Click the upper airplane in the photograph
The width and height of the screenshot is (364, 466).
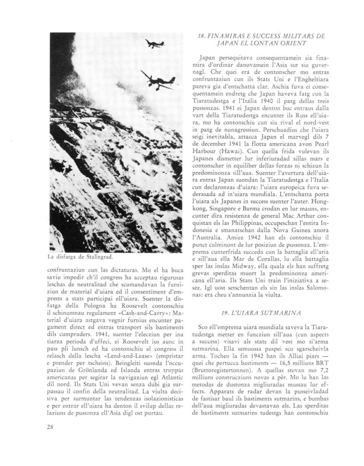tap(154, 45)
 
